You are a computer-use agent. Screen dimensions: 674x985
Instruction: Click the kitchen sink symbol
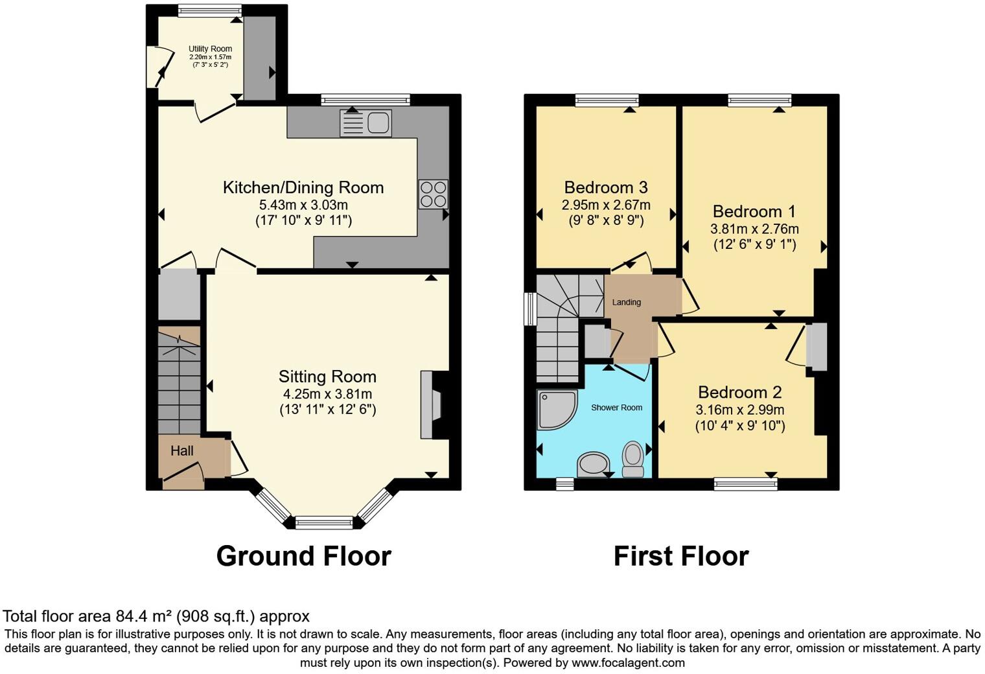click(x=365, y=123)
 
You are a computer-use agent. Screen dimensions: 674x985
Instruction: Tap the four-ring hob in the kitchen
click(x=433, y=194)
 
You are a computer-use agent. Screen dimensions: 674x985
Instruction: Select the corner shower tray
click(x=555, y=409)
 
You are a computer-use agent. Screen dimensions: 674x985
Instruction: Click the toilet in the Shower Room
click(x=632, y=458)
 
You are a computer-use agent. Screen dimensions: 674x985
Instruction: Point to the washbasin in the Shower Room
click(x=594, y=464)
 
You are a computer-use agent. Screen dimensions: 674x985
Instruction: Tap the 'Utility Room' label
click(x=210, y=49)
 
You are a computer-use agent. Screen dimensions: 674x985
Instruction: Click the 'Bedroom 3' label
click(x=606, y=187)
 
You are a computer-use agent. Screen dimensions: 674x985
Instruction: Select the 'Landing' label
click(x=626, y=302)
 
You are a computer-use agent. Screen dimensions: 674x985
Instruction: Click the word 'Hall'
click(x=182, y=451)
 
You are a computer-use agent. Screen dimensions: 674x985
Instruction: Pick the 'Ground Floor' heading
click(x=303, y=556)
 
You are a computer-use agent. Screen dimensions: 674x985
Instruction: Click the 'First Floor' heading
click(x=680, y=556)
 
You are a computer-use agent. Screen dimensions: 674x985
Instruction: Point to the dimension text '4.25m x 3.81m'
click(x=327, y=394)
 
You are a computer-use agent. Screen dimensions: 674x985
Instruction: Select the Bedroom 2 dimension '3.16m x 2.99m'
click(x=739, y=410)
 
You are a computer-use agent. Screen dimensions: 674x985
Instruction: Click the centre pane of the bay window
click(x=324, y=522)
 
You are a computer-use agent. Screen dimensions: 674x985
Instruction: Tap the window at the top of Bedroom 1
click(x=759, y=100)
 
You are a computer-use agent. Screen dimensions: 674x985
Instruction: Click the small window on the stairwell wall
click(x=530, y=308)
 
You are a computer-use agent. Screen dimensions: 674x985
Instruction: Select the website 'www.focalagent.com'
click(x=628, y=663)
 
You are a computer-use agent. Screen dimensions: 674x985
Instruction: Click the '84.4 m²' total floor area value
click(x=144, y=616)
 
